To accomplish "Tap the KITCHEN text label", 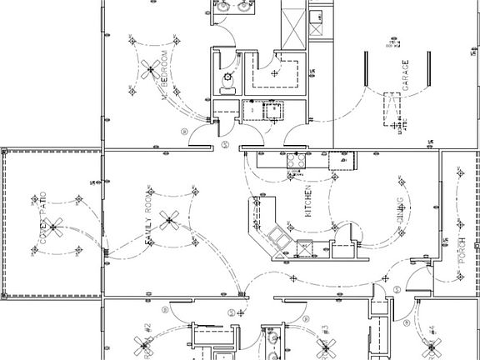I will pyautogui.click(x=307, y=202).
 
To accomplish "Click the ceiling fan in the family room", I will pyautogui.click(x=170, y=220).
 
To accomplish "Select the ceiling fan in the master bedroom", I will pyautogui.click(x=151, y=68).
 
